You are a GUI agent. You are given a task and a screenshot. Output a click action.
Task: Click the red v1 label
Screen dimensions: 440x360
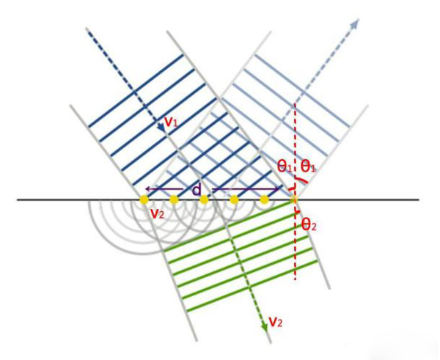click(171, 122)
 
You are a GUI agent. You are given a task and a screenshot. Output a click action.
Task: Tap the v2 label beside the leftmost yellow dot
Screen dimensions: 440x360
click(158, 214)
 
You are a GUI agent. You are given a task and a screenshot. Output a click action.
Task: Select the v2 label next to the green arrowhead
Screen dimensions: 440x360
click(276, 322)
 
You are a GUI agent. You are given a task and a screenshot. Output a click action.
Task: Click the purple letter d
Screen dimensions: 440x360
click(197, 190)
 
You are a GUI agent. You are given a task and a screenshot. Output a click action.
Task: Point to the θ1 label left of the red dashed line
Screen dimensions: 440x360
click(285, 166)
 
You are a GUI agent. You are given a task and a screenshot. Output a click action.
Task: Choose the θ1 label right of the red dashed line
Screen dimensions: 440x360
click(308, 166)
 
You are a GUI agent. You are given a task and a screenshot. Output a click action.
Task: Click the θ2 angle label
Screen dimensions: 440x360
click(309, 225)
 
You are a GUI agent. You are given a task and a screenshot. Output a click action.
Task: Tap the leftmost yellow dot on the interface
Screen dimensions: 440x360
click(144, 199)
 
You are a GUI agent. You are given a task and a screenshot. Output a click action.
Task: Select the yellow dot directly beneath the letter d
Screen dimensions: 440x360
click(204, 199)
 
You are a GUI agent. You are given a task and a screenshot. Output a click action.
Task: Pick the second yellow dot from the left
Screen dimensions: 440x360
click(174, 199)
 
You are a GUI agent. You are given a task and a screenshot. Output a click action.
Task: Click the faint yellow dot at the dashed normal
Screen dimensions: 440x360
click(294, 199)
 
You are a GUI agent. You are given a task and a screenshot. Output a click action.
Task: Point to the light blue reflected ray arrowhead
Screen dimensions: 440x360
click(355, 23)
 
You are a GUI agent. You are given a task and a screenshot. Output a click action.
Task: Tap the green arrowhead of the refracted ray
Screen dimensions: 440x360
click(265, 328)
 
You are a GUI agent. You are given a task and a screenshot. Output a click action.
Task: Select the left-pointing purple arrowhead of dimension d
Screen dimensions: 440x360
click(148, 189)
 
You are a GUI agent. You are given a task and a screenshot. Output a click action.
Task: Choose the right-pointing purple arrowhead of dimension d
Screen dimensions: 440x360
click(279, 189)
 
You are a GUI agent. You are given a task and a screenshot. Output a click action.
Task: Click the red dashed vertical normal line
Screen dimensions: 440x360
click(295, 191)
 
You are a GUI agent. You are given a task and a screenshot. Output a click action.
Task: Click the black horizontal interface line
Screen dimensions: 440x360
click(218, 199)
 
